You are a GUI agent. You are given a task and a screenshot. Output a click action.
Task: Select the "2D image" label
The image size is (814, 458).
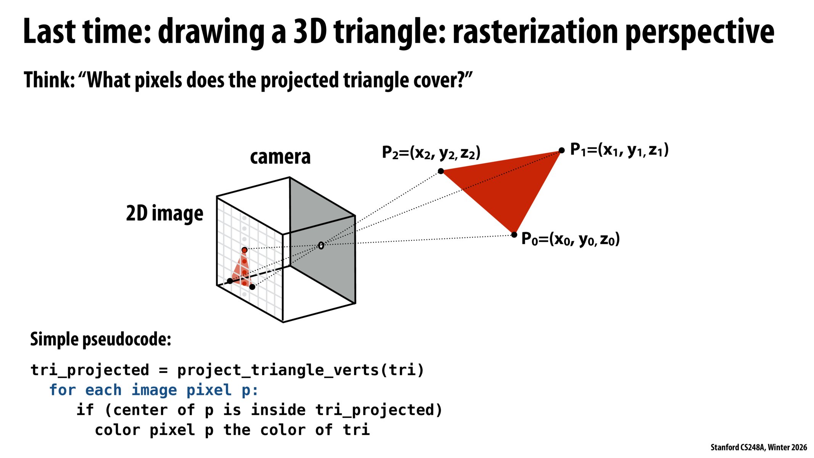click(164, 213)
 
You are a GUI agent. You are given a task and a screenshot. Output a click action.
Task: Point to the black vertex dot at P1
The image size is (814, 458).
click(561, 150)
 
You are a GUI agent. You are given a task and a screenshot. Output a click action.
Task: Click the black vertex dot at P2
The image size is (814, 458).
click(441, 171)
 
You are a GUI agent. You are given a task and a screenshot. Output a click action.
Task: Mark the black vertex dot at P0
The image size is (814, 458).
click(514, 234)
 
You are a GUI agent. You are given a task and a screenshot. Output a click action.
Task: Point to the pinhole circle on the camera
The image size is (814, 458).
click(321, 245)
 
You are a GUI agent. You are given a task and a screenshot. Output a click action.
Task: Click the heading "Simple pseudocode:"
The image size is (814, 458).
click(101, 339)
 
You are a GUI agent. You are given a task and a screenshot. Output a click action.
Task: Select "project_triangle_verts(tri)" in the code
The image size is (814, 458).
click(301, 370)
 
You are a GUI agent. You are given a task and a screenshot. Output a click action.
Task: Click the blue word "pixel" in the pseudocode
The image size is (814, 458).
click(209, 390)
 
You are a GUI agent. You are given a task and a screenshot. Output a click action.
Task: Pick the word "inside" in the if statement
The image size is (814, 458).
click(278, 410)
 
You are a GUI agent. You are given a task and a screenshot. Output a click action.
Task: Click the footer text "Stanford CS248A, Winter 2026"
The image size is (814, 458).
click(759, 447)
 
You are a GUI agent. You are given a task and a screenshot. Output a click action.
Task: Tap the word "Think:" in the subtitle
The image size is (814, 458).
click(49, 80)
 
